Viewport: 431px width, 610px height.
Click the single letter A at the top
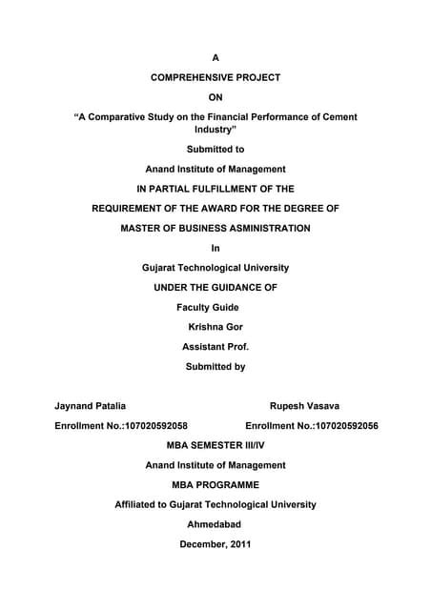pos(215,58)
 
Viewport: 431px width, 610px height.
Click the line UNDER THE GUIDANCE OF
pos(215,288)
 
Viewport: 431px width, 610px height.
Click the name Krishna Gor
pos(215,327)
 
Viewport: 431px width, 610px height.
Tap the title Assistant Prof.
pos(215,347)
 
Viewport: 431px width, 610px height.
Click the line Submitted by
pos(215,367)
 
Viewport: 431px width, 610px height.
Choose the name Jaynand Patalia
pos(90,405)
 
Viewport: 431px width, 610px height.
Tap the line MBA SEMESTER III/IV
pos(215,445)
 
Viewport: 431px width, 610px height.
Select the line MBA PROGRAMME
pos(215,484)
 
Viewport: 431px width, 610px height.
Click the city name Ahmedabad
pos(215,524)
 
